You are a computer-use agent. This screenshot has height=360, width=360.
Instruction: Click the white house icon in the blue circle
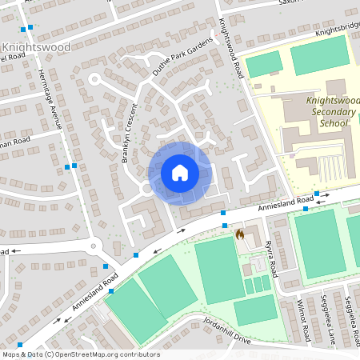click(x=179, y=172)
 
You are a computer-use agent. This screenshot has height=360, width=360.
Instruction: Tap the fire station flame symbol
click(x=240, y=235)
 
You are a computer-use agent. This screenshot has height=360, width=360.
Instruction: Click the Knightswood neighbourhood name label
click(x=38, y=47)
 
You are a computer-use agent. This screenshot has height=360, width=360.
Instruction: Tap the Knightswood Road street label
click(x=232, y=48)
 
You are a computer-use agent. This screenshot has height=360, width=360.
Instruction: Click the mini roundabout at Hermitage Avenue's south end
click(x=94, y=246)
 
